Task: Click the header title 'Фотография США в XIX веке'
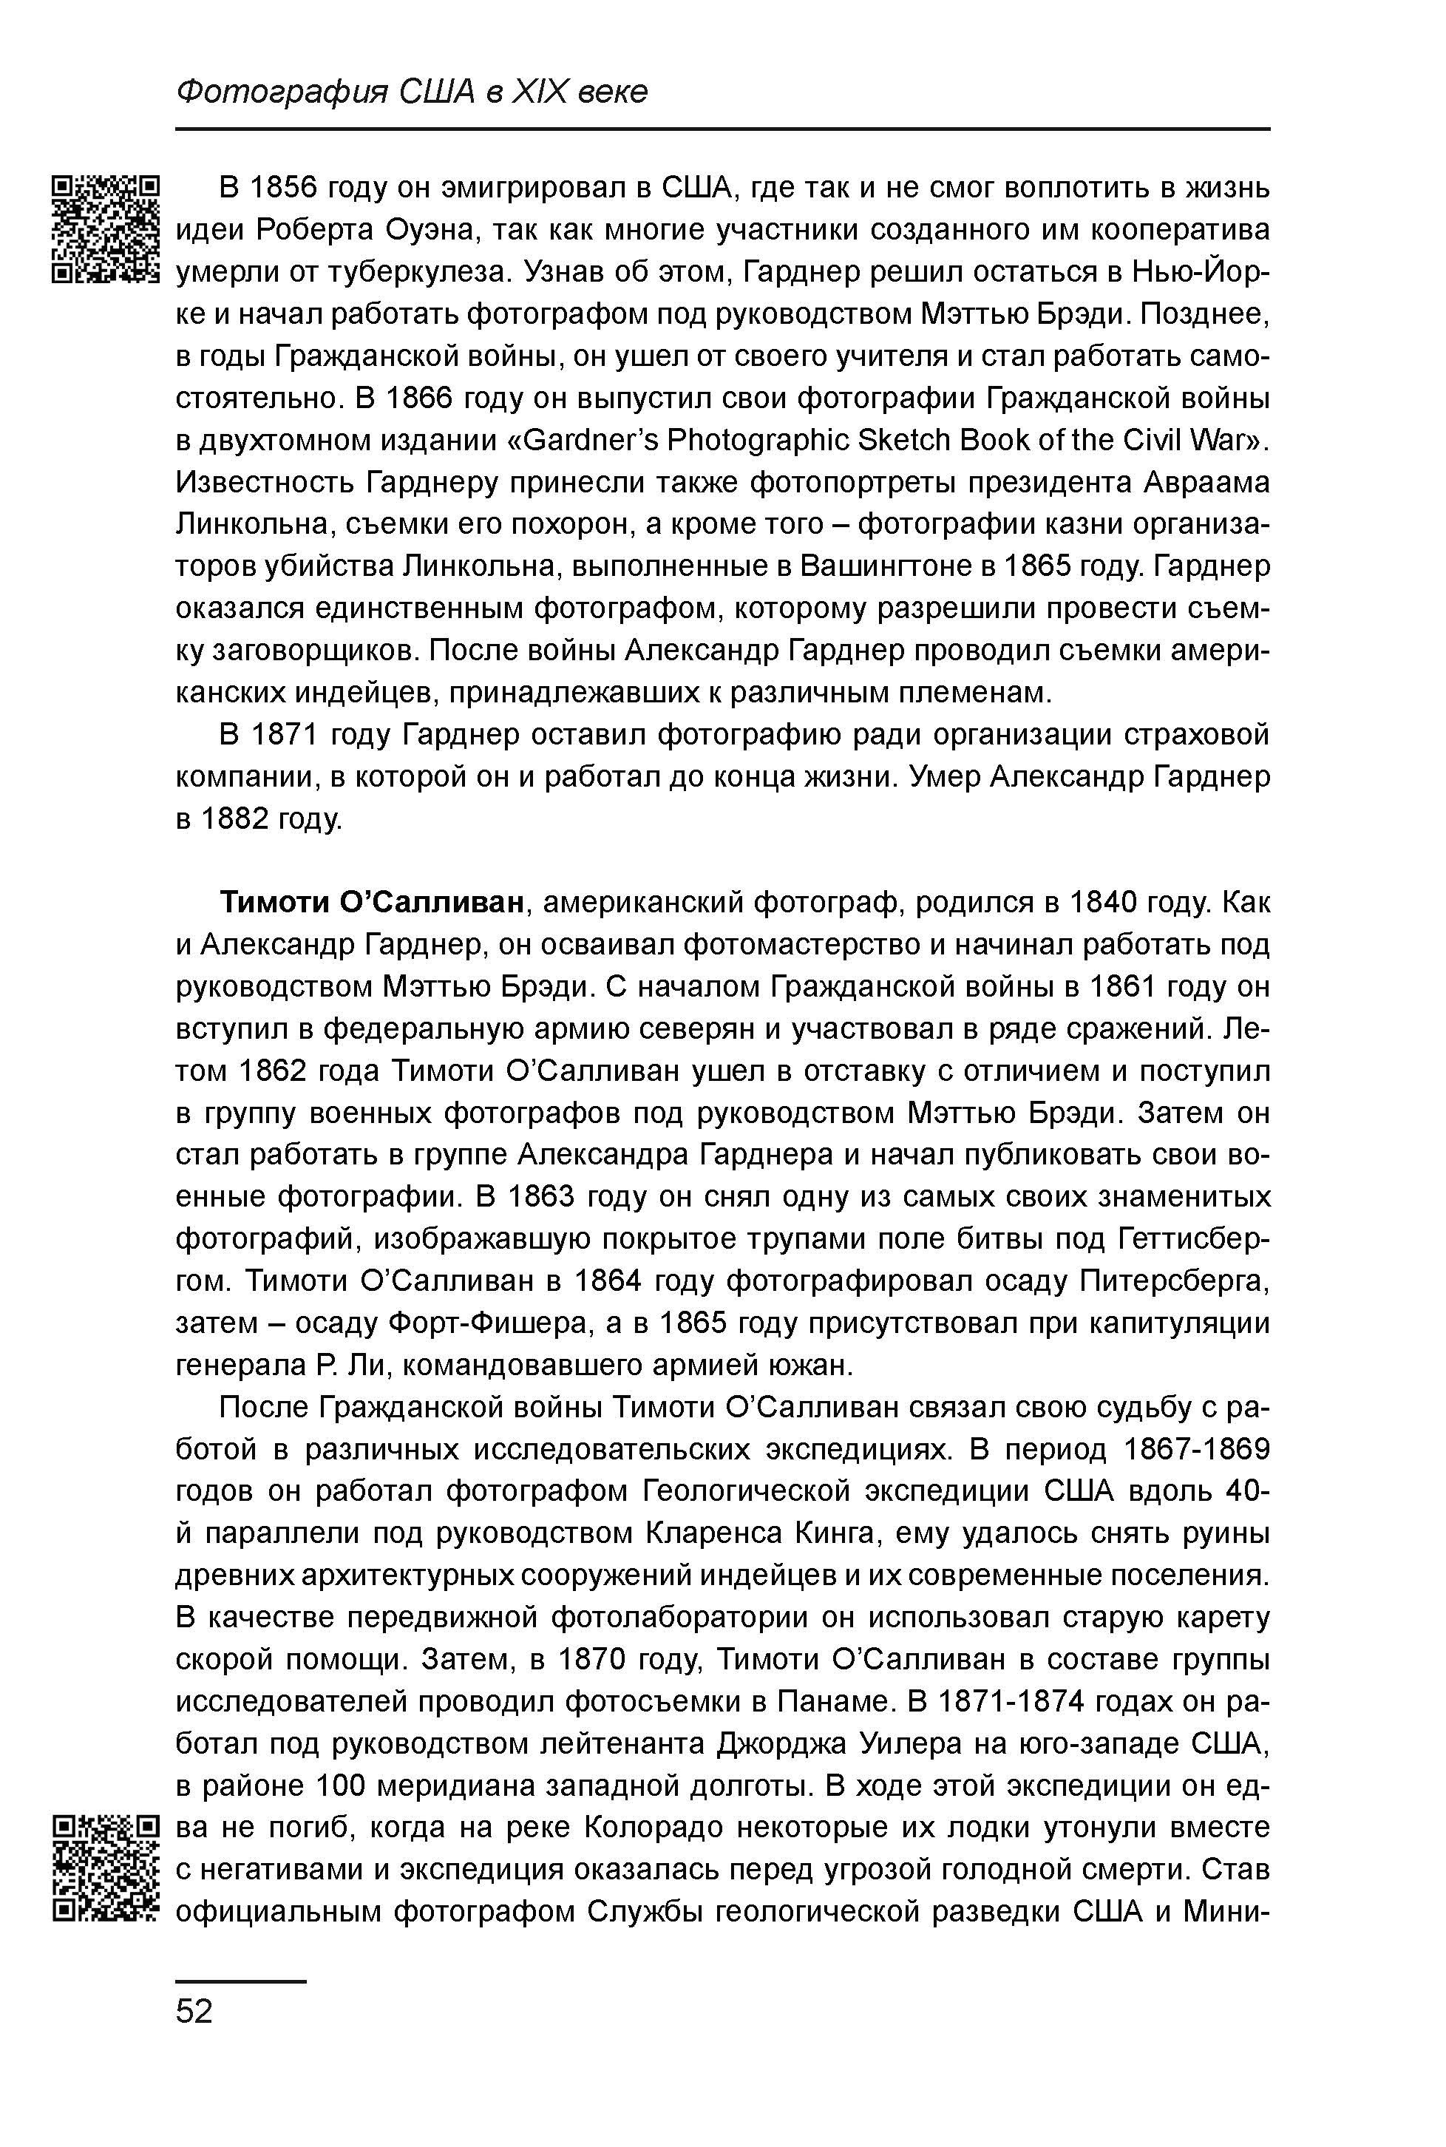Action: click(411, 91)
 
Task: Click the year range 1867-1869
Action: click(1197, 1450)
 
